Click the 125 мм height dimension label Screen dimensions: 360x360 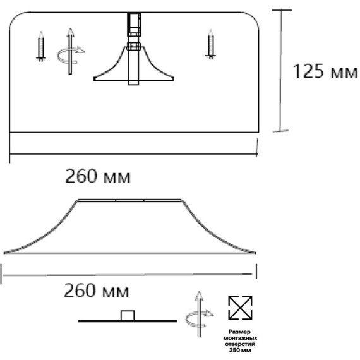click(x=325, y=71)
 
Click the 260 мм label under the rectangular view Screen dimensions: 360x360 click(x=98, y=176)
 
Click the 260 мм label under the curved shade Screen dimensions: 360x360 click(x=97, y=291)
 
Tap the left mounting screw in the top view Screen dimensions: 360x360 click(x=41, y=46)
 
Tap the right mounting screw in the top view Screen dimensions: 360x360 click(x=210, y=44)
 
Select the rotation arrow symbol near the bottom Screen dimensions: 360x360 click(x=199, y=315)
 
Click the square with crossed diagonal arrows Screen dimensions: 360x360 click(x=240, y=308)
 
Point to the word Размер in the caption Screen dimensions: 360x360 click(x=240, y=332)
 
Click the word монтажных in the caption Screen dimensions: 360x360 click(x=240, y=338)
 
